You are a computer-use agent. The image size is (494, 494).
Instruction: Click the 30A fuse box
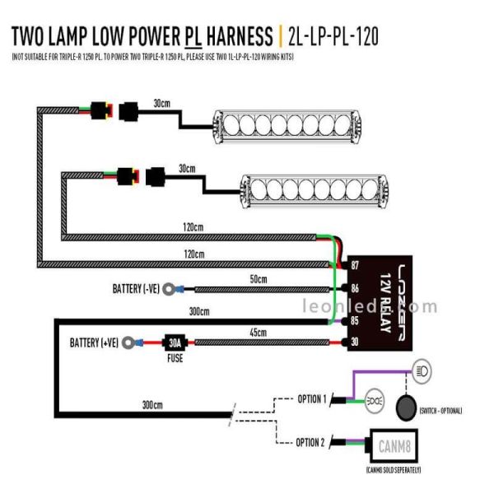(x=174, y=343)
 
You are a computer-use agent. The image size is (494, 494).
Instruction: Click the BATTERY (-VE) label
(x=135, y=289)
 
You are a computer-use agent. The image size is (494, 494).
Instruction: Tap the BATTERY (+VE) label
(x=94, y=343)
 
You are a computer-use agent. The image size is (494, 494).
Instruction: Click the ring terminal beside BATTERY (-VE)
(x=169, y=289)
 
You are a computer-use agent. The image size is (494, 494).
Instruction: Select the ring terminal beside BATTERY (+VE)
(x=128, y=343)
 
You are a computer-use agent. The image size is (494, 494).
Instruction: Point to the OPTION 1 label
(x=311, y=399)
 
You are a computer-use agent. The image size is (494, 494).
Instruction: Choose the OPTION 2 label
(x=311, y=443)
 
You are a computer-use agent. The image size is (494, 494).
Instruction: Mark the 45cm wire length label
(x=258, y=332)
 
